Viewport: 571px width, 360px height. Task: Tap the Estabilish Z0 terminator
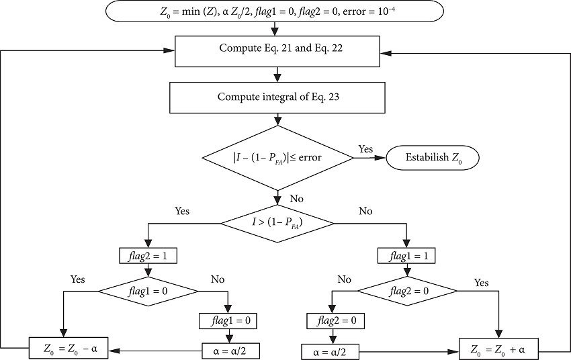433,158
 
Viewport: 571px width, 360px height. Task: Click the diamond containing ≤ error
278,158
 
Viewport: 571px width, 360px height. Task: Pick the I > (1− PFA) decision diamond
277,221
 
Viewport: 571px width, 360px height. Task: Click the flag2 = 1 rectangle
148,256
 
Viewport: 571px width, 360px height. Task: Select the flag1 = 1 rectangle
407,256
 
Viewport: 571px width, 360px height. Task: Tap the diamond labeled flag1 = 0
148,291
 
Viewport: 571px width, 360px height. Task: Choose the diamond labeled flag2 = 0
407,291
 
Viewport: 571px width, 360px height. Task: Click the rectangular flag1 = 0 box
228,320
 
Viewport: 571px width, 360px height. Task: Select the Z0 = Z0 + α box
499,349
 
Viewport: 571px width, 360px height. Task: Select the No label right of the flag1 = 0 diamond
218,278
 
